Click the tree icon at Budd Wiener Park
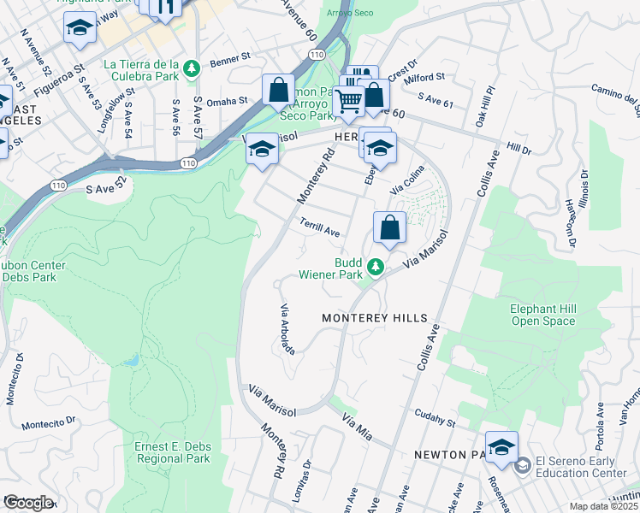tap(375, 268)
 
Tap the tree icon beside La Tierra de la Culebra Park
tap(194, 67)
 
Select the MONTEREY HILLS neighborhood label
tap(374, 318)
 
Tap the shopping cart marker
tap(349, 102)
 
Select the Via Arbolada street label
tap(288, 329)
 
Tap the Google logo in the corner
tap(27, 503)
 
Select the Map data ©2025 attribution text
tap(604, 506)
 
